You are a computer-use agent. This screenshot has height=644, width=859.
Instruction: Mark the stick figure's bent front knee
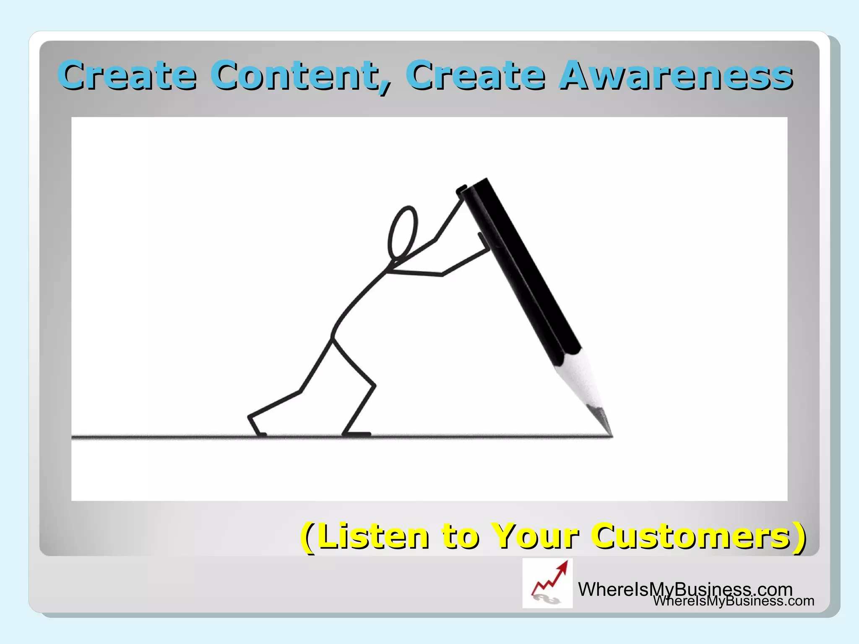[x=373, y=384]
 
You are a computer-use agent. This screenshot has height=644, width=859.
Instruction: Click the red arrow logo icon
[x=547, y=583]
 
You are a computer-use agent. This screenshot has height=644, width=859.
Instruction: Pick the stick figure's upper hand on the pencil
[x=461, y=191]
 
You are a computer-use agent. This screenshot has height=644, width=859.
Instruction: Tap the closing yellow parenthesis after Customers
[x=799, y=537]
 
